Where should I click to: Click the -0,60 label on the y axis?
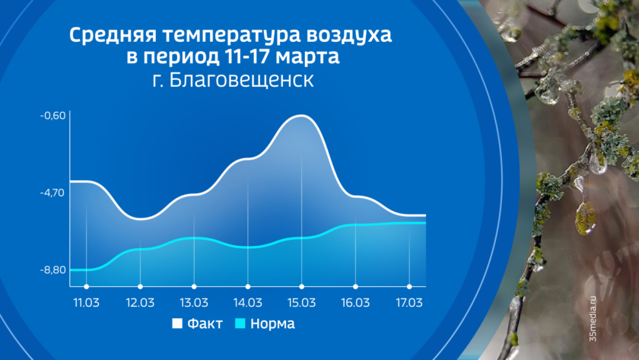point(52,116)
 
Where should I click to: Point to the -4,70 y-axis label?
point(52,193)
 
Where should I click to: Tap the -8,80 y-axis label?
point(52,270)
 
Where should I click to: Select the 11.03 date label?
point(87,303)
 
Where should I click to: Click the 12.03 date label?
point(140,303)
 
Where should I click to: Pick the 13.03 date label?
point(194,303)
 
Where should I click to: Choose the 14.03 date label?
point(248,303)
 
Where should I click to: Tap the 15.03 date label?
point(301,303)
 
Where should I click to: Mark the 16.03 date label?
point(355,303)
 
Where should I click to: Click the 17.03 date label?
point(409,303)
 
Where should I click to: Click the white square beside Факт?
point(177,323)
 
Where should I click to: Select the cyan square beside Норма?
point(240,323)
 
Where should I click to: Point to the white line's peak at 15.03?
point(301,116)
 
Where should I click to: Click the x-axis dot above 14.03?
point(248,287)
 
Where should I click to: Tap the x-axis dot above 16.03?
point(355,287)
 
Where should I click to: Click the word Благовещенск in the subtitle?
point(241,80)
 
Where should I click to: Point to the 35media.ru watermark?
point(593,318)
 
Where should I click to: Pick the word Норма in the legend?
point(272,323)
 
